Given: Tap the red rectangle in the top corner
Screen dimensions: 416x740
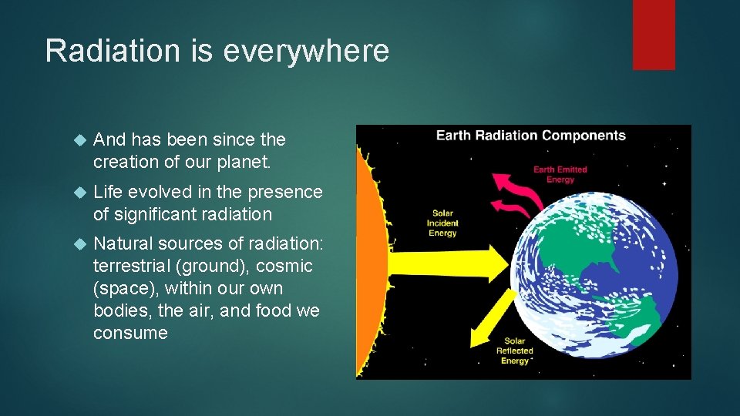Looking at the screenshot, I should tap(654, 35).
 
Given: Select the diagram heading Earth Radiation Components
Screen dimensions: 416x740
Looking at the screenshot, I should tap(531, 136).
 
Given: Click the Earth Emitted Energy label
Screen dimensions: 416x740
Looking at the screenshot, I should tap(560, 174).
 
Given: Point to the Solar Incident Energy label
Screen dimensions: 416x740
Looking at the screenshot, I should tap(442, 224).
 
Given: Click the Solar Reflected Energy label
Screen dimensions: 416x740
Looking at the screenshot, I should tap(514, 350).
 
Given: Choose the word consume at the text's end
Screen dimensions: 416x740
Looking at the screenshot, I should tap(130, 333).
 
